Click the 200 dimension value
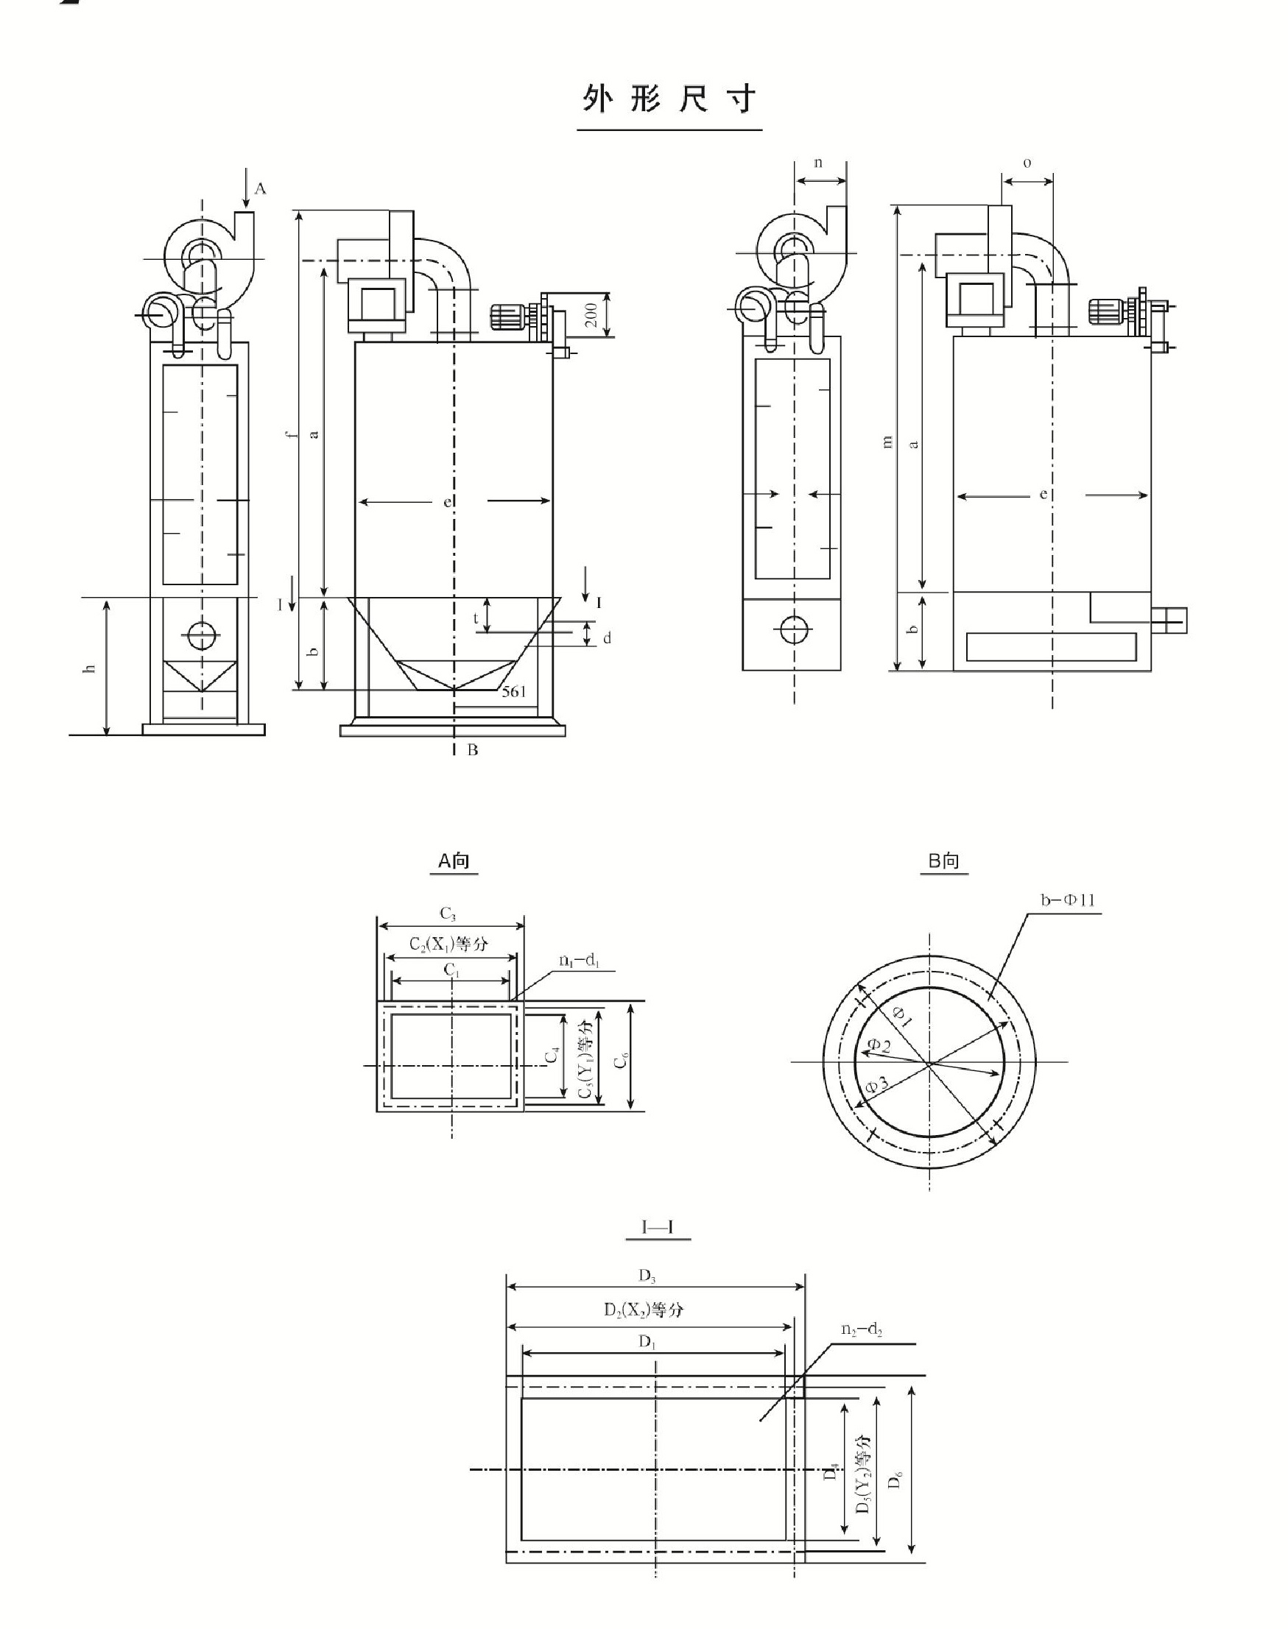click(591, 315)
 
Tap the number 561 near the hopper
click(513, 691)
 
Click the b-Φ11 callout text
click(1067, 901)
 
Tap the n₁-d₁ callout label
click(578, 961)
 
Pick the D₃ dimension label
click(647, 1276)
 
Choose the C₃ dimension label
click(448, 914)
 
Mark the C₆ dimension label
click(621, 1061)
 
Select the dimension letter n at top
click(819, 163)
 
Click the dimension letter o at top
click(1027, 163)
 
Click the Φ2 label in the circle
click(879, 1045)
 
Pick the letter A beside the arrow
click(260, 188)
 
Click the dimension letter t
click(476, 618)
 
